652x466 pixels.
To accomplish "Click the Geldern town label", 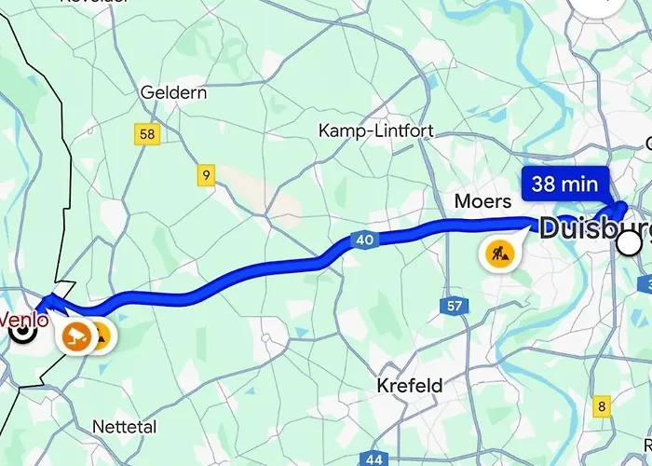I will [174, 93].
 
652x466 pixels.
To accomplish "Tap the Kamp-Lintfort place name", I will [375, 130].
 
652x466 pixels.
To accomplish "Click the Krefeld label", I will [409, 385].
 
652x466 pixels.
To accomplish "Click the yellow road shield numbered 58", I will [146, 134].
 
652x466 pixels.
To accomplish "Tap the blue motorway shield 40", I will [364, 240].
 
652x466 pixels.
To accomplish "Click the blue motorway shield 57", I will [454, 306].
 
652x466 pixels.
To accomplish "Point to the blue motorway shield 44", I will [374, 459].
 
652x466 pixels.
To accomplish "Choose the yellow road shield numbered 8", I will [602, 406].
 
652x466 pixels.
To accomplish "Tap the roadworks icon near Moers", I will [496, 252].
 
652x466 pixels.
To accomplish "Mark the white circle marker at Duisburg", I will [630, 243].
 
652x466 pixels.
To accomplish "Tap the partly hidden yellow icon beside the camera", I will [102, 336].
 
